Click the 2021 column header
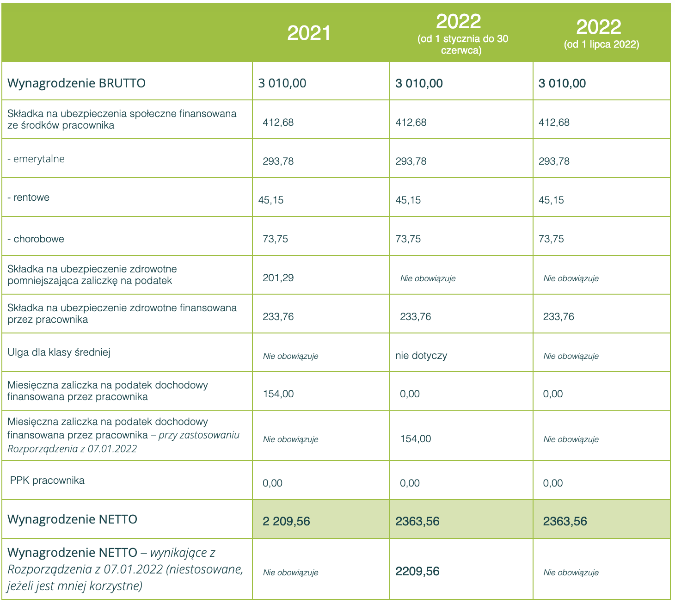(309, 33)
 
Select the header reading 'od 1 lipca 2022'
(601, 45)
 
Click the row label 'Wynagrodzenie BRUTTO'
(77, 83)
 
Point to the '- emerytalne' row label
(36, 159)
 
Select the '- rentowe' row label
(29, 197)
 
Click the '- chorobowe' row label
(36, 239)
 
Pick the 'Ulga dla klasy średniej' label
(59, 352)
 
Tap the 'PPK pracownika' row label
(47, 481)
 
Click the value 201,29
(278, 278)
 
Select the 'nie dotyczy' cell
(421, 356)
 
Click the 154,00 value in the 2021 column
(278, 394)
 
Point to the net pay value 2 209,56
(286, 522)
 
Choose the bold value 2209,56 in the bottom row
(417, 572)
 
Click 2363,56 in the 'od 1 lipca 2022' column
(565, 522)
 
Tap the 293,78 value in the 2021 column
(278, 161)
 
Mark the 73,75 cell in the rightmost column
(552, 239)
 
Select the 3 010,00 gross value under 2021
(282, 83)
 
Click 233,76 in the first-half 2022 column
(415, 317)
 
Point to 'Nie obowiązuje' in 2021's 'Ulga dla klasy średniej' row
(290, 356)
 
